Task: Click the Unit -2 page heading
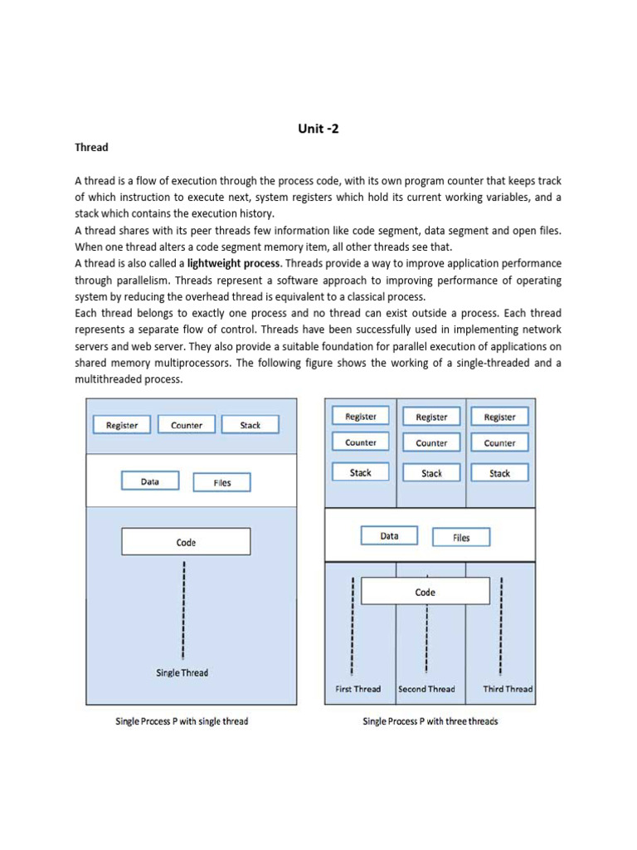(x=318, y=129)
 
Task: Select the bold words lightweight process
(x=233, y=263)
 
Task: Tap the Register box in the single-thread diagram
(x=122, y=424)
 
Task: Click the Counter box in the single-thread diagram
(x=187, y=424)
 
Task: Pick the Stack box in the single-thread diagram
(x=250, y=424)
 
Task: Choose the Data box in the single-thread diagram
(x=150, y=481)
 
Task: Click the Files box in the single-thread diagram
(x=222, y=482)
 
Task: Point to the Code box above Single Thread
(x=186, y=541)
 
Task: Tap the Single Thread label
(x=182, y=672)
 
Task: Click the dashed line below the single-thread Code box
(x=183, y=610)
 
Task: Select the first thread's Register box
(x=361, y=416)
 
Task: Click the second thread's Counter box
(x=431, y=442)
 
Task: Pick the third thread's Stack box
(x=499, y=472)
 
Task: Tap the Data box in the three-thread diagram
(x=390, y=535)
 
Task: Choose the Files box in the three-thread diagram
(x=461, y=537)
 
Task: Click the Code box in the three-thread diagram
(x=425, y=591)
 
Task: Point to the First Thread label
(x=358, y=689)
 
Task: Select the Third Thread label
(x=508, y=689)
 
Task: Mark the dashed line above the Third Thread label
(x=501, y=626)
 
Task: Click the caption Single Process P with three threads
(x=430, y=721)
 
